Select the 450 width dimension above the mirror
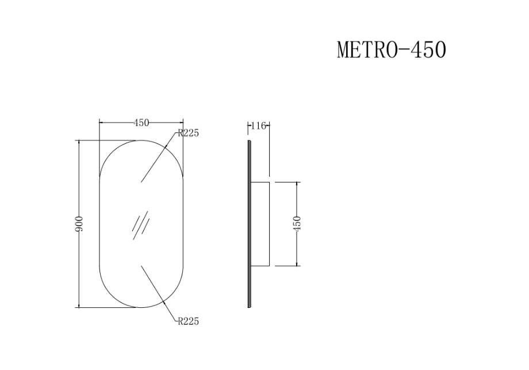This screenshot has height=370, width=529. tap(141, 123)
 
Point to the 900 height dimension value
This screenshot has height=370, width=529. tap(80, 224)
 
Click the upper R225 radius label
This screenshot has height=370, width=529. tap(189, 133)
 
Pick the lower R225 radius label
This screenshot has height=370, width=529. tap(189, 322)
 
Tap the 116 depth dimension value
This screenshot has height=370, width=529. tap(259, 125)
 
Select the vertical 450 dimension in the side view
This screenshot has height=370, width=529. tap(297, 224)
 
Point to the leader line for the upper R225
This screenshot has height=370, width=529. tap(158, 158)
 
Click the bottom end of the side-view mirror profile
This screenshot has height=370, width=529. tap(249, 306)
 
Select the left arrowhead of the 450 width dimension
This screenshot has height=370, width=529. tap(101, 123)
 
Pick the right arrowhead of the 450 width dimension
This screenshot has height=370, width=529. tap(181, 123)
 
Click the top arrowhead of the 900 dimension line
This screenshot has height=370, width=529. tap(79, 142)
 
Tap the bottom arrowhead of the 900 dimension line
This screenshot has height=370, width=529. tap(79, 306)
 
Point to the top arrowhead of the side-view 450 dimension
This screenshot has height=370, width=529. tap(297, 184)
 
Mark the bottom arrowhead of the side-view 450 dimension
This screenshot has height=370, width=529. tap(297, 264)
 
